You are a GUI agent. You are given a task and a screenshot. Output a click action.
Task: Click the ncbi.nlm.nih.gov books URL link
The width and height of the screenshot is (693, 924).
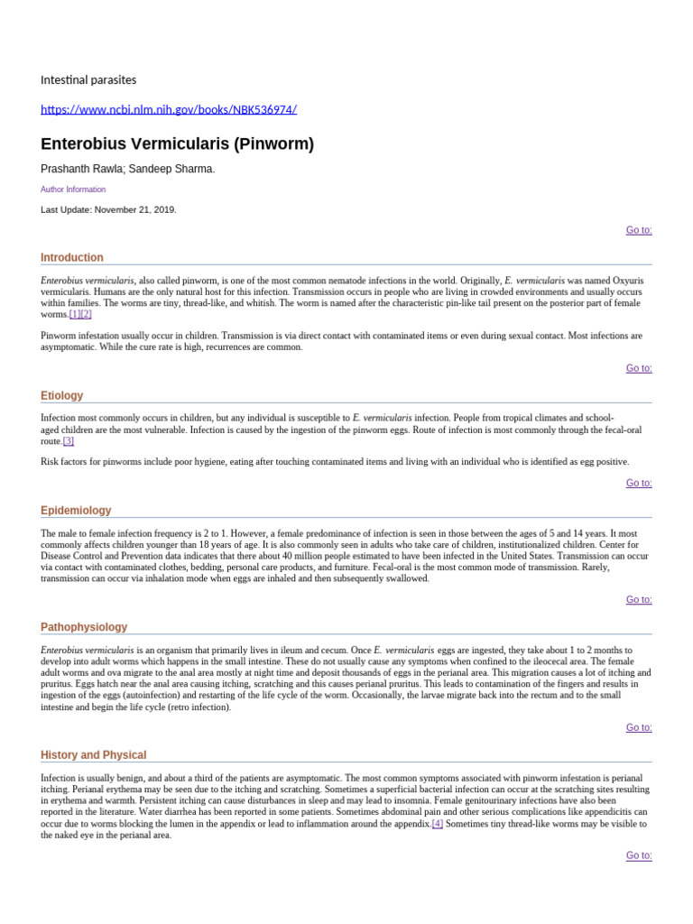tap(169, 110)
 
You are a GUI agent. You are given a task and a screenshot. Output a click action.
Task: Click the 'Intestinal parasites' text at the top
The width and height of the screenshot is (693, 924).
tap(88, 80)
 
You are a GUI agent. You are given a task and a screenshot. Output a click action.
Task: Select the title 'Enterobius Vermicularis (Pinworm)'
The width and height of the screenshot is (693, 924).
tap(177, 144)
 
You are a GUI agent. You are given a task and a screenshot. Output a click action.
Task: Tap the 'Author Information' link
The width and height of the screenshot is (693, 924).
tap(73, 189)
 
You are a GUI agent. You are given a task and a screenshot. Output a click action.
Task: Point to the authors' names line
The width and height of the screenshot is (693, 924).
tap(128, 169)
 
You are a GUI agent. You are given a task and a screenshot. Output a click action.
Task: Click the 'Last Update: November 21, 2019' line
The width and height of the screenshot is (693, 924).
tap(108, 209)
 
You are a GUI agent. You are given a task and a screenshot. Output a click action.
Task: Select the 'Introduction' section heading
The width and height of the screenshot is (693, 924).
tap(72, 257)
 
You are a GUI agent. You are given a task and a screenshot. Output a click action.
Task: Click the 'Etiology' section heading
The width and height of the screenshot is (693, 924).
tap(61, 395)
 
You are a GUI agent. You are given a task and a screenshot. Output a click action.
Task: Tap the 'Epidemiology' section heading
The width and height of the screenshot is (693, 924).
tap(76, 511)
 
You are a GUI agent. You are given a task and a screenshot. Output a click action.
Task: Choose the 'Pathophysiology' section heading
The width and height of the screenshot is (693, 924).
tap(84, 627)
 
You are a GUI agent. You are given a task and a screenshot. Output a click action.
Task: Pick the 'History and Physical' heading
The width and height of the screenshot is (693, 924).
tap(93, 755)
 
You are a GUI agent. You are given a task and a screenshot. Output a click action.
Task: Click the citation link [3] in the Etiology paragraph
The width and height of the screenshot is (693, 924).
tap(69, 441)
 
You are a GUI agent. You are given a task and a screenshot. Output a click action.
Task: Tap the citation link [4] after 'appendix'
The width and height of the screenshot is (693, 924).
tap(438, 824)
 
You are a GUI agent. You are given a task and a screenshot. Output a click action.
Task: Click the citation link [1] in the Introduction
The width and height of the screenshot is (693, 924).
tap(75, 315)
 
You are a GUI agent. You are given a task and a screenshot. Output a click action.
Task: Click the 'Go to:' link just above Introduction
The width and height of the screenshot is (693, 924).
tap(639, 230)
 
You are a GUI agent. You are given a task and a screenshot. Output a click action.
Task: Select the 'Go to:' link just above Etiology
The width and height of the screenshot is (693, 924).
tap(639, 368)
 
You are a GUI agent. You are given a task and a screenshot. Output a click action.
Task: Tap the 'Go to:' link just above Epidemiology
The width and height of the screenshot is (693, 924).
tap(639, 483)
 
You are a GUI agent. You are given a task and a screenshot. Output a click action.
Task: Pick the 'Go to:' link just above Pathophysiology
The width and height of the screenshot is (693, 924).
tap(639, 599)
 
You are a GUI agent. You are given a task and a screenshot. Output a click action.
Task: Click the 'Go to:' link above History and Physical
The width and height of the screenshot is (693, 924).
tap(639, 727)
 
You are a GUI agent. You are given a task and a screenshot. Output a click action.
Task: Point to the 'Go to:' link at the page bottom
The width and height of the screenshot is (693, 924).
tap(639, 855)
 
